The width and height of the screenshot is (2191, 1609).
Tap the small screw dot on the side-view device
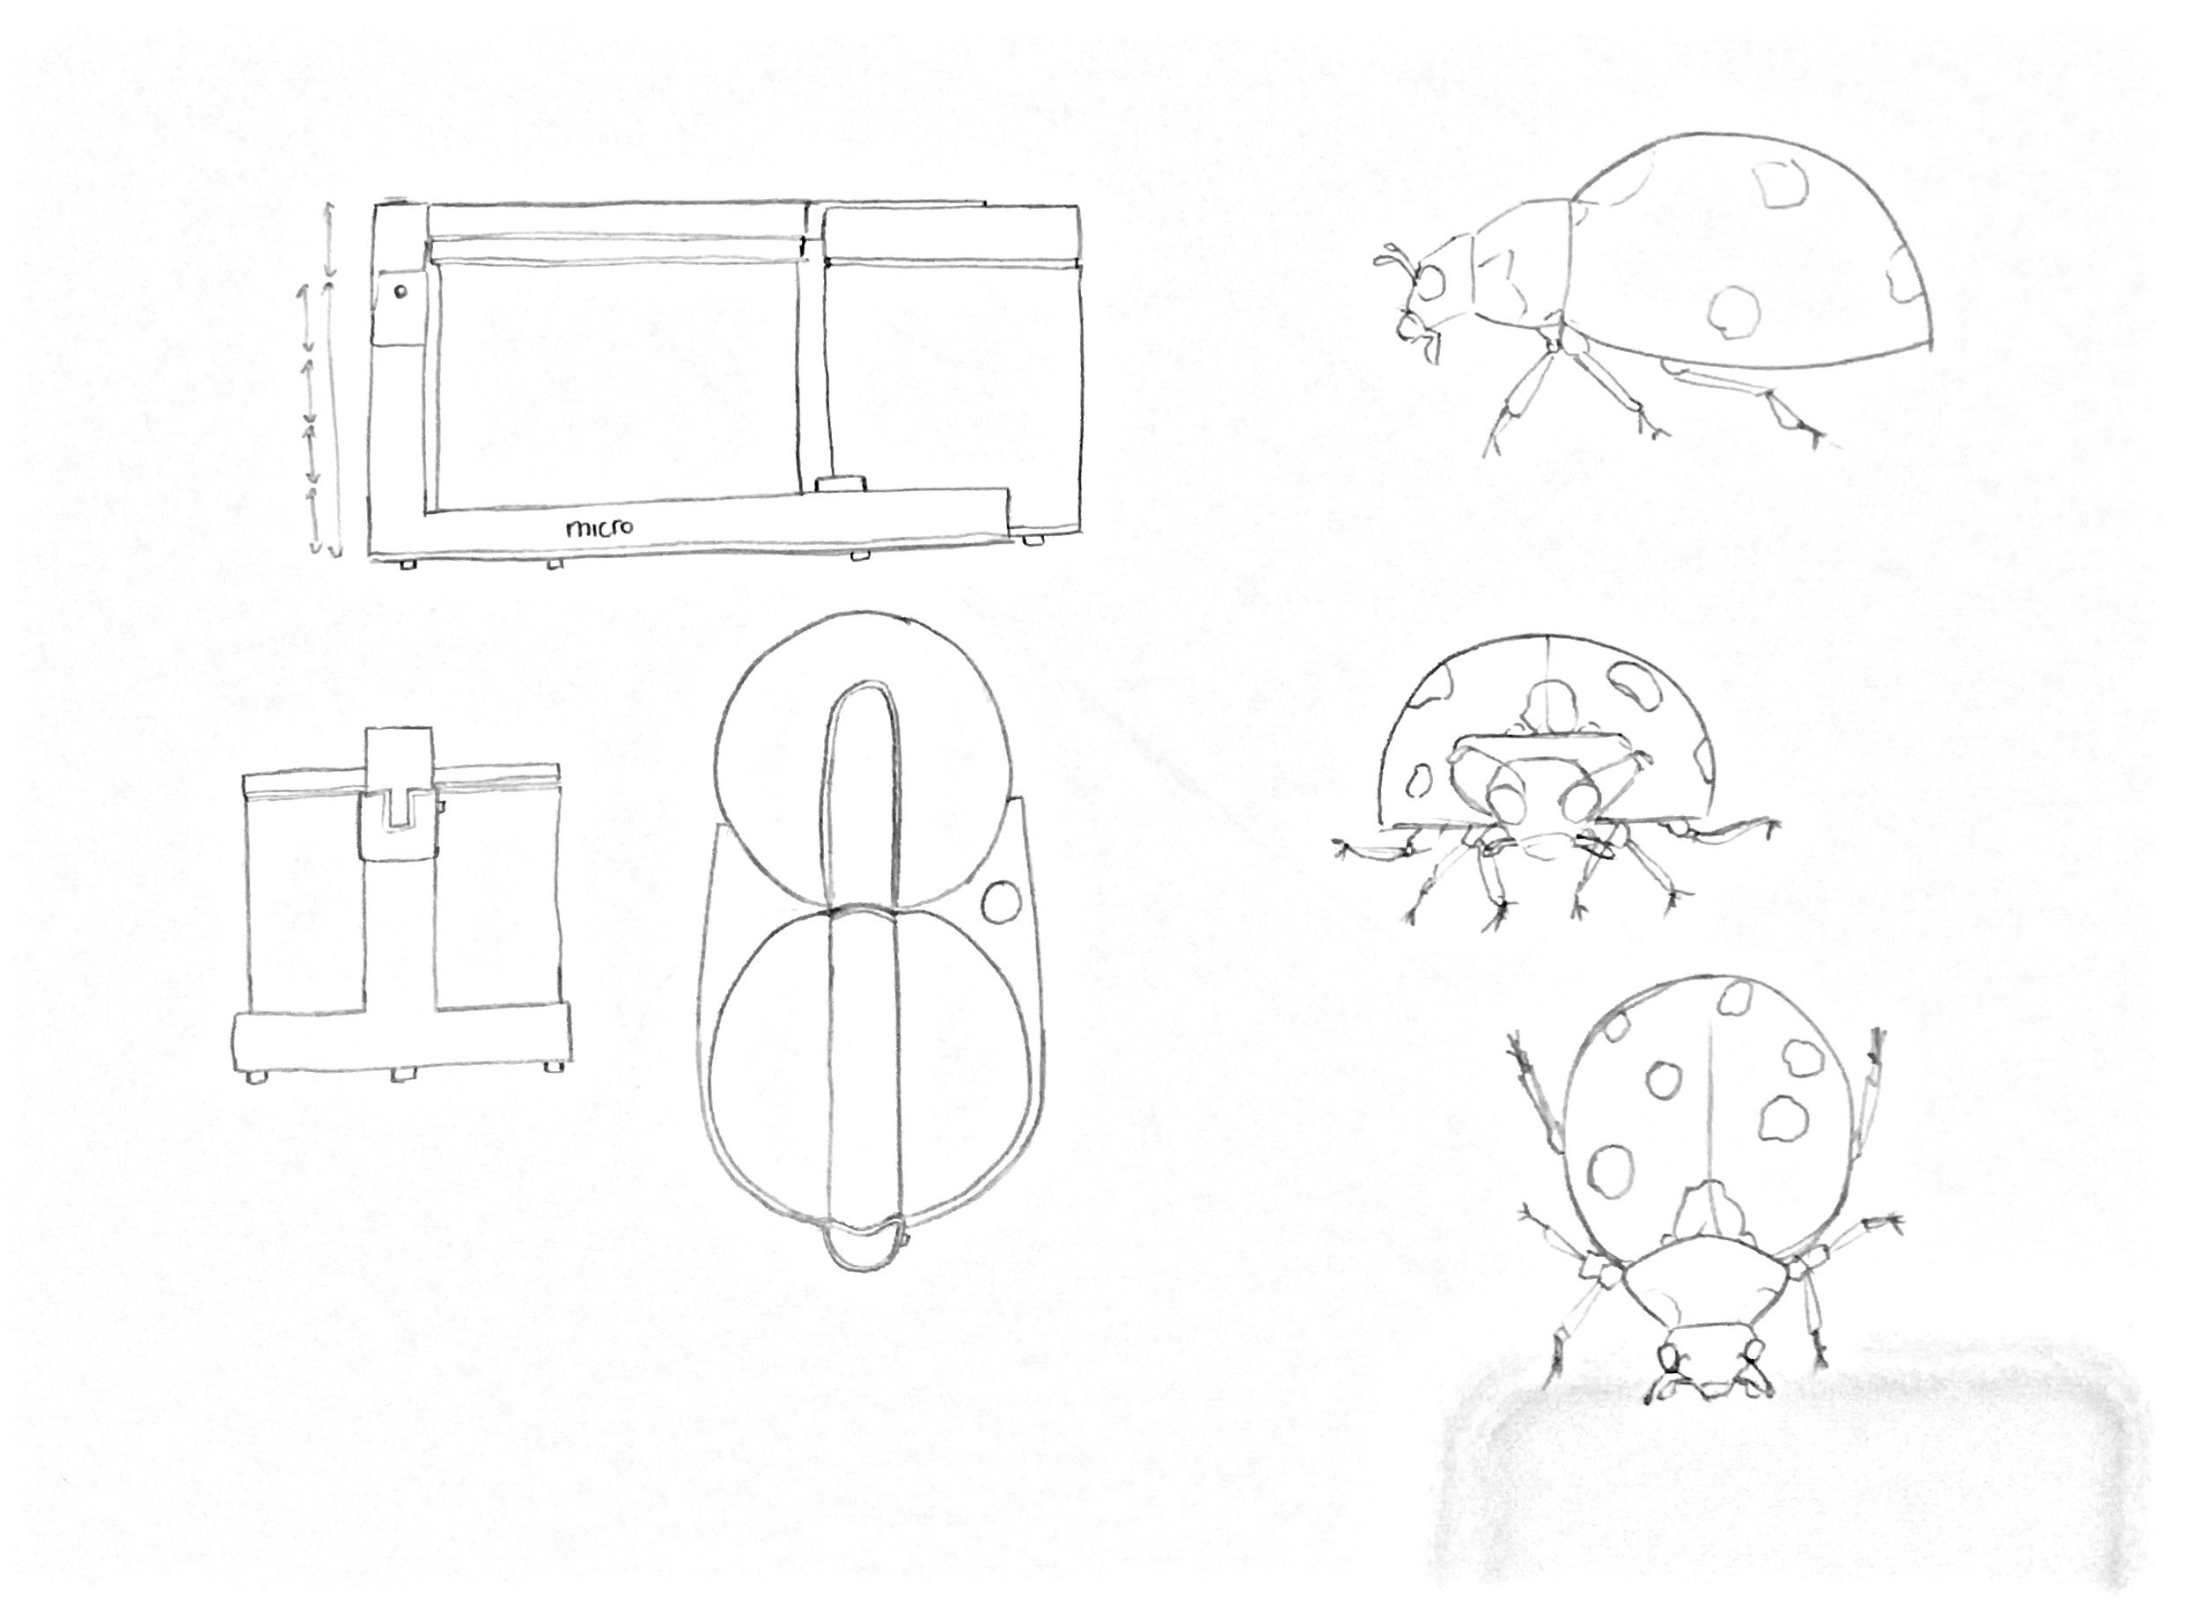pyautogui.click(x=401, y=290)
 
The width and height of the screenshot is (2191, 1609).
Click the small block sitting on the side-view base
pyautogui.click(x=841, y=484)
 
